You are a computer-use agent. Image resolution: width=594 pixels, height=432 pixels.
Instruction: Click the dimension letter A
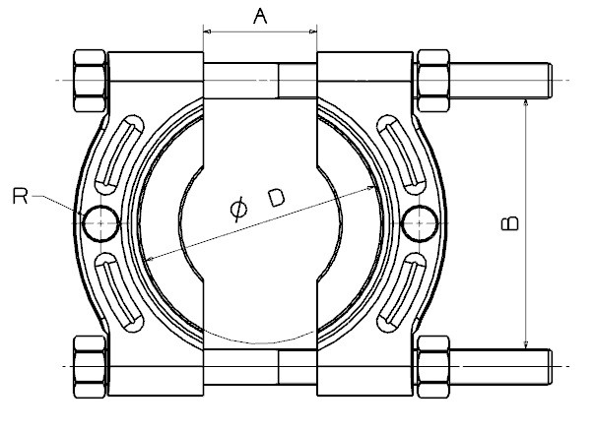pos(259,16)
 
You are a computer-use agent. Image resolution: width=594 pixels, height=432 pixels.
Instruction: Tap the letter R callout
pos(19,197)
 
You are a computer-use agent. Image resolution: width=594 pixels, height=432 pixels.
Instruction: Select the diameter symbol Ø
pos(237,209)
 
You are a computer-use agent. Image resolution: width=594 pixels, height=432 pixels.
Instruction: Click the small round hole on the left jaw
pos(101,223)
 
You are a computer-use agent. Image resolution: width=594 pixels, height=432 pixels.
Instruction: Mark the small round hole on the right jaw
pos(421,223)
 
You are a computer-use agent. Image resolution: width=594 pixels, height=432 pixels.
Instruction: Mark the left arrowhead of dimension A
pos(208,32)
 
